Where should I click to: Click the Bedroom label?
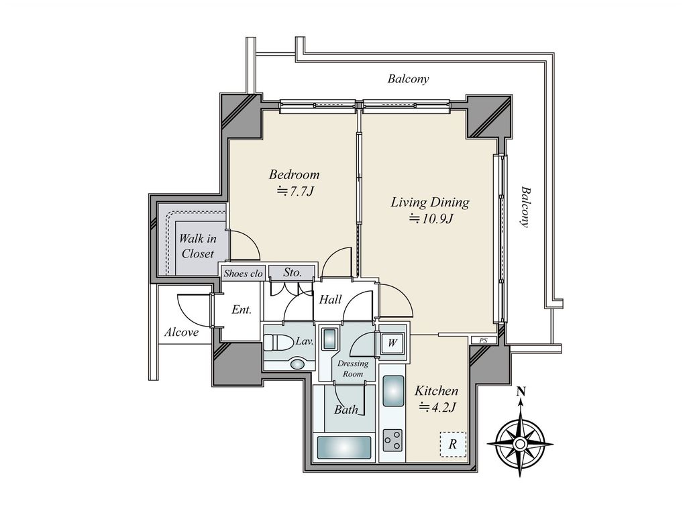click(294, 175)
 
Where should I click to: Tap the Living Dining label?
click(430, 203)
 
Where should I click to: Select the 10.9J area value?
click(431, 219)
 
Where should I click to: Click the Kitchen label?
click(436, 391)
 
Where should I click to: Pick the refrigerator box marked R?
click(453, 444)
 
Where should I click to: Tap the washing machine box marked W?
click(392, 343)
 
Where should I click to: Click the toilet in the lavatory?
click(279, 343)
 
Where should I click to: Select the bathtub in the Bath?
click(344, 447)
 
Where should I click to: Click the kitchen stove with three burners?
click(392, 440)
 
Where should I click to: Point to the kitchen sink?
click(393, 391)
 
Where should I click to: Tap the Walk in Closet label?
click(198, 246)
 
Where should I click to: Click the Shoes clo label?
click(243, 274)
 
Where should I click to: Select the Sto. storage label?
click(293, 272)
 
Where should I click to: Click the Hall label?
click(330, 300)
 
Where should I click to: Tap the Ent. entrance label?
click(242, 310)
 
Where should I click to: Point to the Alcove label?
click(181, 333)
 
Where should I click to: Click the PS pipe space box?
click(484, 340)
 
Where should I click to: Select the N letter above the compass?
click(521, 392)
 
